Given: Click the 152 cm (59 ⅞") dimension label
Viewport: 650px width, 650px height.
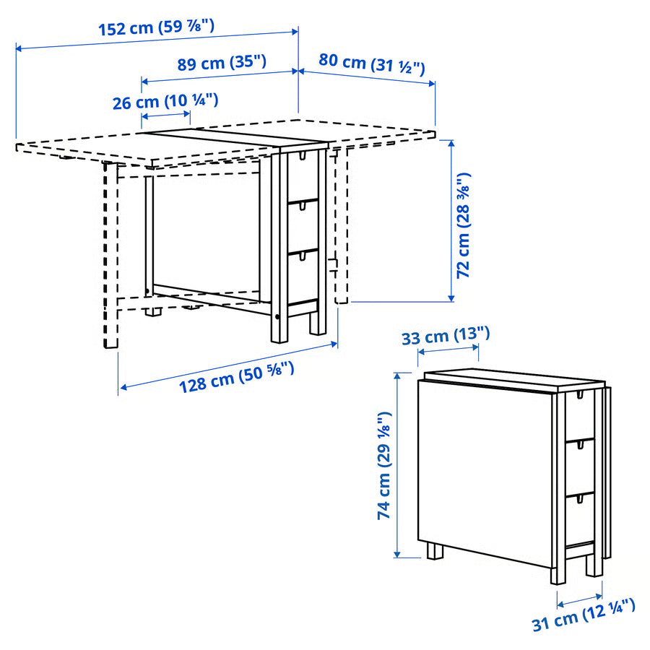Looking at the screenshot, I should pos(156,28).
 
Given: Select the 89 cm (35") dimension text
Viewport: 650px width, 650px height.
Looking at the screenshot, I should pos(222,63).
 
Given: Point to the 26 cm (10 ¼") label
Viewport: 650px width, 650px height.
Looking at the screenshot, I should pos(165,102).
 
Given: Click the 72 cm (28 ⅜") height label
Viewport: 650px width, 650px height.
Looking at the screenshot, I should pos(464,225).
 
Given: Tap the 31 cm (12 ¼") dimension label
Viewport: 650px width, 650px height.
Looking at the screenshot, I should pos(584,615).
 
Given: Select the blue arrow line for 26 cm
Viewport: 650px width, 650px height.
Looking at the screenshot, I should pos(165,116).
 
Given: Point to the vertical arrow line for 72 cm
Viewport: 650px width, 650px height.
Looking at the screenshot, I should pos(452,221).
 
